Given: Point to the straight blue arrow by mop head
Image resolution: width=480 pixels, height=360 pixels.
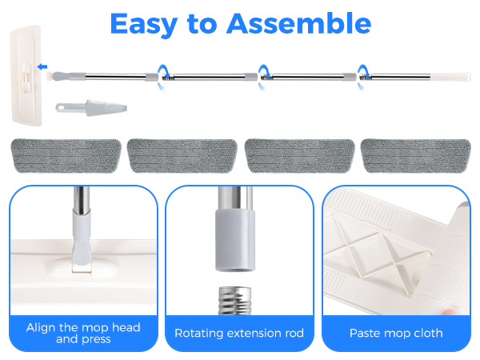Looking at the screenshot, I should point(42,68).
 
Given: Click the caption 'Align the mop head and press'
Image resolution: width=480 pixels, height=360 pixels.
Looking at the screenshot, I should point(83,332).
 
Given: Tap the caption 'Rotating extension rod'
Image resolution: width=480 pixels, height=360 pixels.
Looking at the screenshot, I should point(239,332).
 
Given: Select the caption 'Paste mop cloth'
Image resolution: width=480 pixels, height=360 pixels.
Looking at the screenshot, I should point(395,332).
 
